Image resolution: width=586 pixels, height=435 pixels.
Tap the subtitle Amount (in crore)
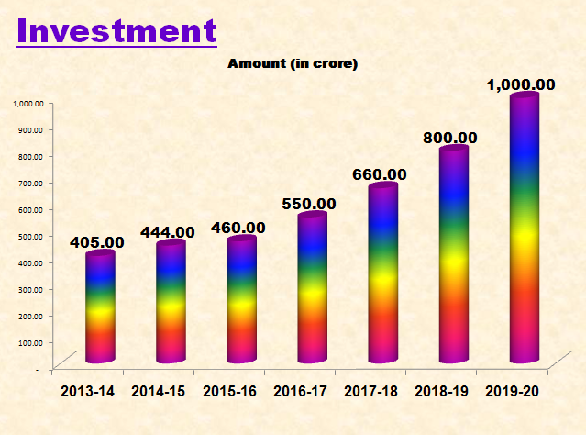292,63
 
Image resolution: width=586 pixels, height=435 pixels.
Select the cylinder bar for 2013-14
99,307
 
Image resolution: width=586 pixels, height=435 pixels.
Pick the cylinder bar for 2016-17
312,289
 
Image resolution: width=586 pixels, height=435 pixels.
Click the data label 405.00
97,242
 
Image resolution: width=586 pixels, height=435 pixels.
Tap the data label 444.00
168,233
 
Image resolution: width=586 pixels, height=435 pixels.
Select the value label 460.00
238,228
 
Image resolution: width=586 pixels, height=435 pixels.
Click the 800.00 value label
450,138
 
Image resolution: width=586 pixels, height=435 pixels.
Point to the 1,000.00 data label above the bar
521,84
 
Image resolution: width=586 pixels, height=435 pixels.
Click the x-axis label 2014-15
158,392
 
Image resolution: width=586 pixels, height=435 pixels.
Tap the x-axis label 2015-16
229,392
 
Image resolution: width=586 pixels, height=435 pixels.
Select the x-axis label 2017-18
371,392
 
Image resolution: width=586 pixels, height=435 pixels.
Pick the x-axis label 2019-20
514,392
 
